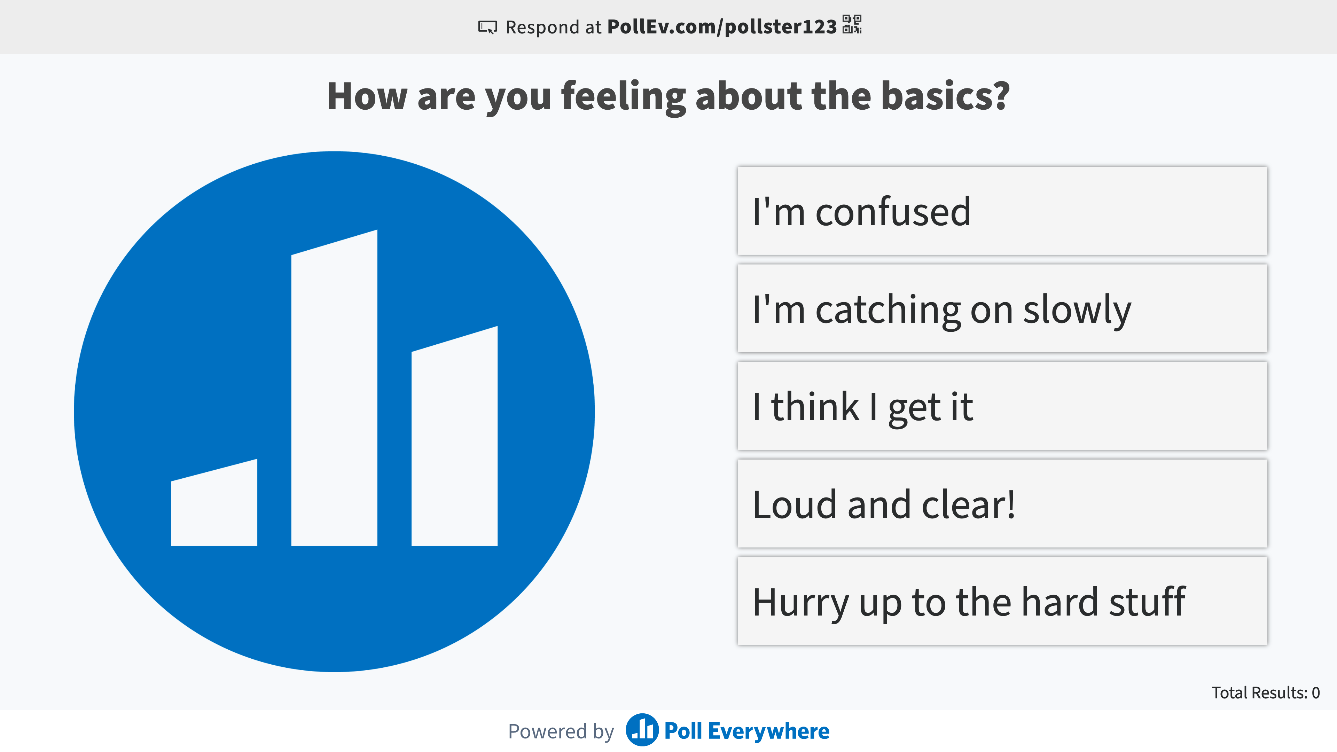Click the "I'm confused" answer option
1002,211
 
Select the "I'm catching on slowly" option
1002,308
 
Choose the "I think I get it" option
1002,406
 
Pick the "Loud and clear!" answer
1002,503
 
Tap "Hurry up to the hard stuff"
1002,601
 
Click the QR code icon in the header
852,24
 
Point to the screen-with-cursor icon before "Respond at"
487,27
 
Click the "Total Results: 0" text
1265,692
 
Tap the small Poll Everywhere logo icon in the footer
642,730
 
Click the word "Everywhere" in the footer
769,731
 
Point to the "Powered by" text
561,731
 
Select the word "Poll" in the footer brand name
683,731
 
